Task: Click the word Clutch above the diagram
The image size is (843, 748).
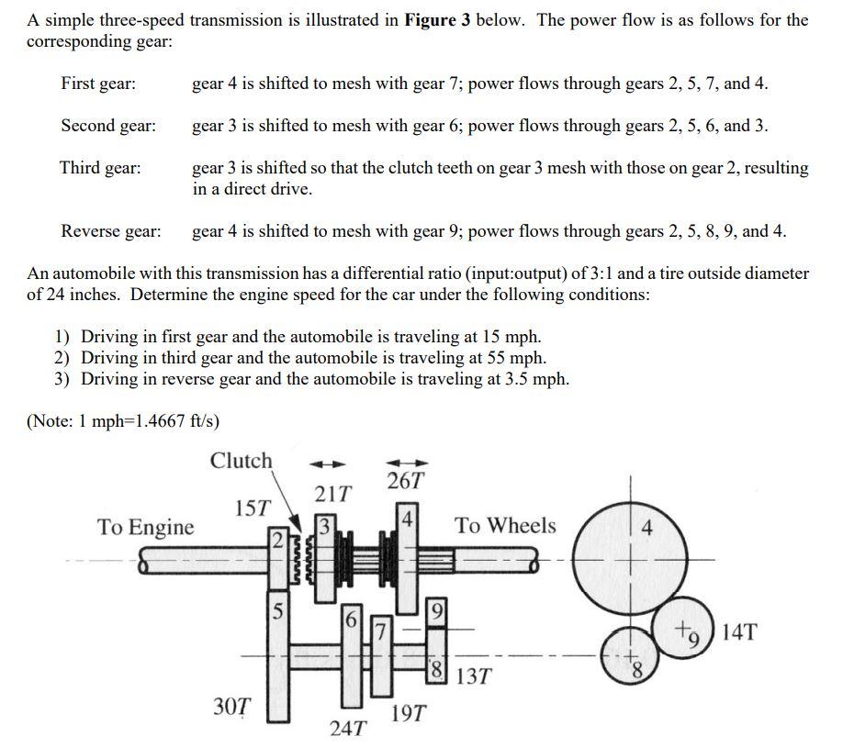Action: [241, 461]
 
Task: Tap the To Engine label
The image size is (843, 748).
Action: [146, 527]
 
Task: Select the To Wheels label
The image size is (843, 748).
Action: [505, 526]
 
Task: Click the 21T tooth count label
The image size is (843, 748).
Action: [333, 494]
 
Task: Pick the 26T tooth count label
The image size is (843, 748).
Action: [406, 480]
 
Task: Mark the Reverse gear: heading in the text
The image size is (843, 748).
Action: [110, 230]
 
